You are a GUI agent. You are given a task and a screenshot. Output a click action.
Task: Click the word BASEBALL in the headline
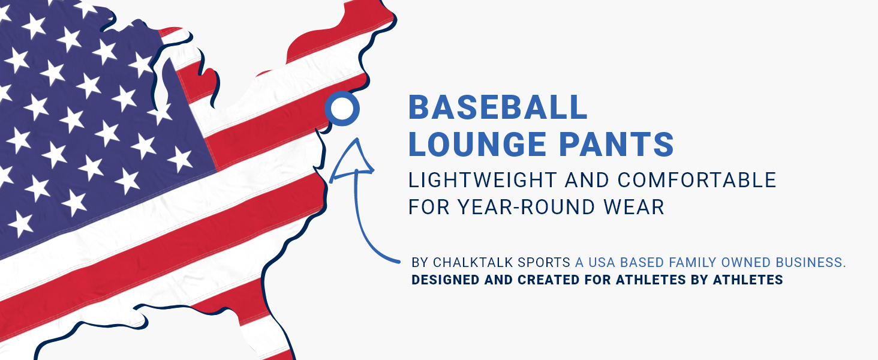click(498, 107)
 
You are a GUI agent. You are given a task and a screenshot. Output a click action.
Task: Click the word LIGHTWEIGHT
click(483, 180)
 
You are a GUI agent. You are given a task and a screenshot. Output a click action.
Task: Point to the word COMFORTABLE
click(697, 180)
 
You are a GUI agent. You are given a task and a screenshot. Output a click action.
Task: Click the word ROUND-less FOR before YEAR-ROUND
click(429, 206)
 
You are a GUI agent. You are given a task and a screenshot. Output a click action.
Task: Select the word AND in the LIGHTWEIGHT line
click(587, 180)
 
